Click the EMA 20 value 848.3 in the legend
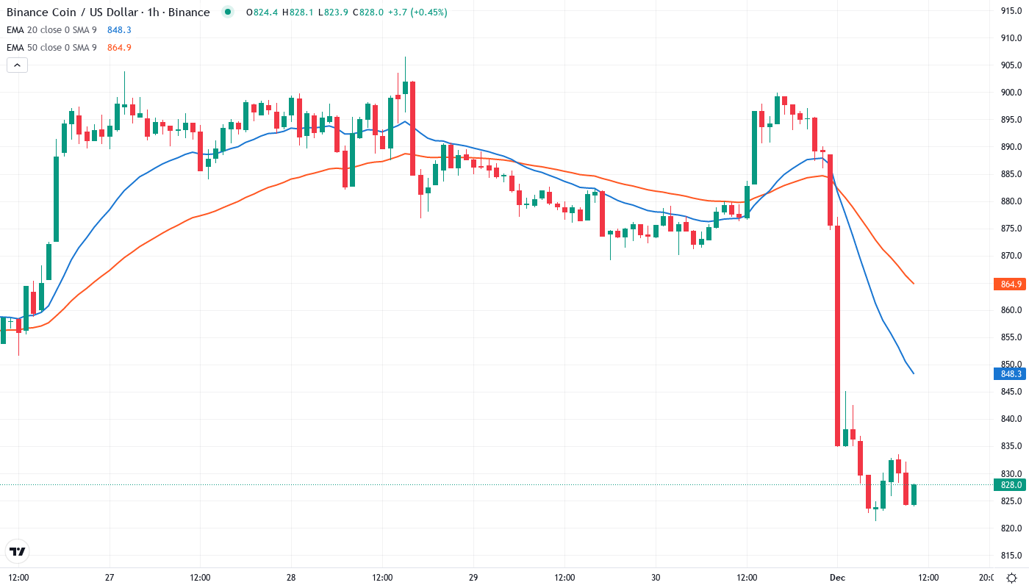pyautogui.click(x=119, y=30)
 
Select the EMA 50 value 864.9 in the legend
pyautogui.click(x=119, y=48)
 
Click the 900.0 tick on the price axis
pyautogui.click(x=1011, y=93)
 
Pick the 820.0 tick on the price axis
pyautogui.click(x=1011, y=528)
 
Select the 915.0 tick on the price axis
pyautogui.click(x=1011, y=11)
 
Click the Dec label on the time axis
pyautogui.click(x=836, y=578)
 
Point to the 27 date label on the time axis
pyautogui.click(x=109, y=578)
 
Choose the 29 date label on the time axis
pyautogui.click(x=473, y=578)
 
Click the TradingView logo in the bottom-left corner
pyautogui.click(x=17, y=551)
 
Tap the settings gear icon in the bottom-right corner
pyautogui.click(x=1012, y=578)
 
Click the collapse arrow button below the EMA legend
pyautogui.click(x=17, y=65)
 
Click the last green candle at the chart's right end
pyautogui.click(x=914, y=495)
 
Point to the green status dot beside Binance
pyautogui.click(x=228, y=12)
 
